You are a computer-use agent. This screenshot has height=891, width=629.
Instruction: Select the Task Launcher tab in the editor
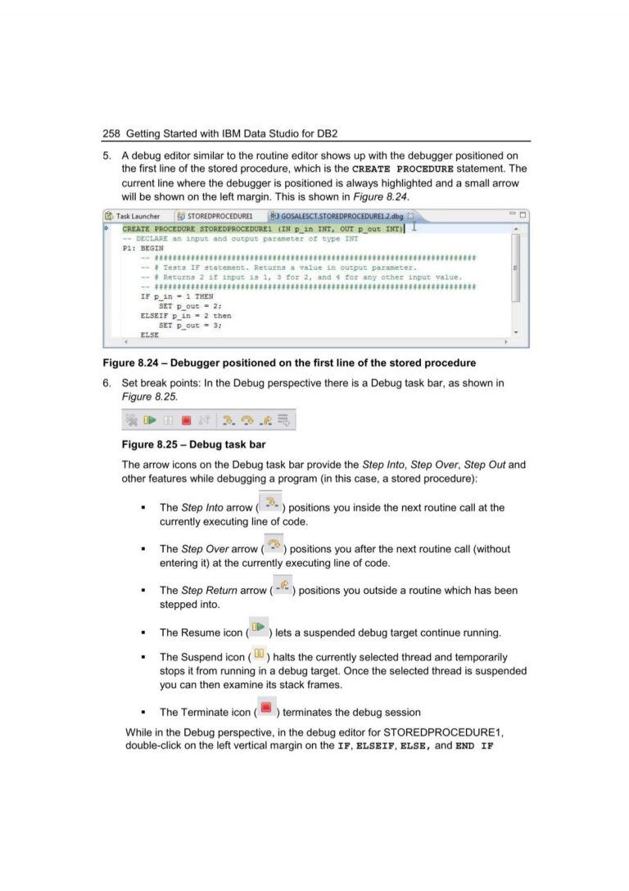point(133,216)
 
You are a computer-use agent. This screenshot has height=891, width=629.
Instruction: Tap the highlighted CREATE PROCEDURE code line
point(262,229)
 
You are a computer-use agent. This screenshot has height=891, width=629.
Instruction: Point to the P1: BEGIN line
point(143,247)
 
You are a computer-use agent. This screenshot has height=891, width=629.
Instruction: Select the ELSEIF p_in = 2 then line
point(186,316)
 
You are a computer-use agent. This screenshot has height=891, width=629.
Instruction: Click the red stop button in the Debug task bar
point(186,421)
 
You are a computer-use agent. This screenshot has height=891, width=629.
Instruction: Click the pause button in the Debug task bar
point(168,421)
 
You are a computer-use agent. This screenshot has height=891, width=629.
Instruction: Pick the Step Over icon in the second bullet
point(274,544)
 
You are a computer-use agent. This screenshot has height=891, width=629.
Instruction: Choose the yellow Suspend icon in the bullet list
point(258,654)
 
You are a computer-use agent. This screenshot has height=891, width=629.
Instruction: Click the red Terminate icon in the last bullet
point(265,707)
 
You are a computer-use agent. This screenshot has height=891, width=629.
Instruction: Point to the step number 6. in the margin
point(106,383)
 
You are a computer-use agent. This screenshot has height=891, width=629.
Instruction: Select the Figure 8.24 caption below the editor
point(288,362)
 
